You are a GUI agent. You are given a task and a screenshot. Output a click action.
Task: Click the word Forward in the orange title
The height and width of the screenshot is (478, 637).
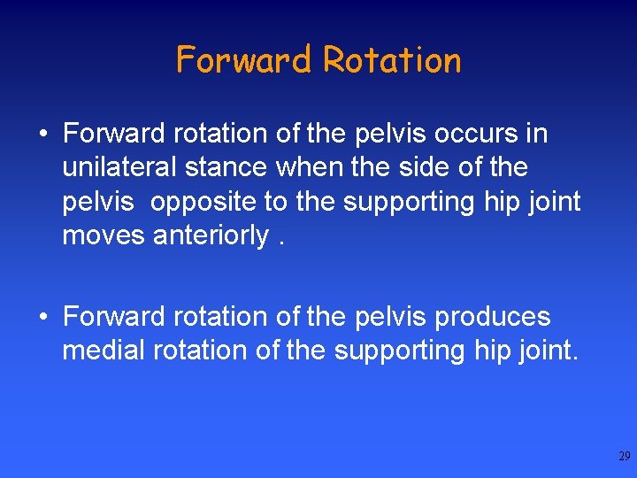click(x=245, y=60)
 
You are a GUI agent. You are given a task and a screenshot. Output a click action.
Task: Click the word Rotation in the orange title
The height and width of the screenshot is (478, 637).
click(x=391, y=60)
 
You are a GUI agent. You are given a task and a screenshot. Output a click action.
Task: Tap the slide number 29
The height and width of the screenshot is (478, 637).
click(x=624, y=457)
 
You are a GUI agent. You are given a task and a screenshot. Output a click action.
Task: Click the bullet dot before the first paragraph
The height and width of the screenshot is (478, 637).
click(x=42, y=135)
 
